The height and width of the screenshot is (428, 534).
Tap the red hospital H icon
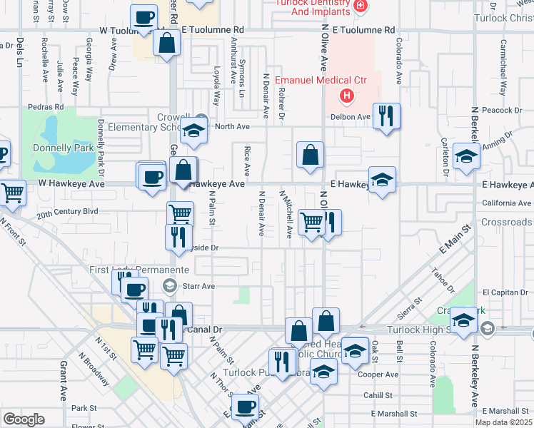click(347, 95)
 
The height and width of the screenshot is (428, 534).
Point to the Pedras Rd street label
click(46, 106)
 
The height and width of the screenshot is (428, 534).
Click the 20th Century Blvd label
click(67, 212)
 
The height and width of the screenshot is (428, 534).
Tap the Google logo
click(24, 419)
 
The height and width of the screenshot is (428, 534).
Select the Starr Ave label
click(199, 286)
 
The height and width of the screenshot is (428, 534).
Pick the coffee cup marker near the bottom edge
click(246, 407)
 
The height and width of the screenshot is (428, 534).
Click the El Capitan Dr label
click(505, 292)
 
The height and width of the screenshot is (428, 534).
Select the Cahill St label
click(377, 394)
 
